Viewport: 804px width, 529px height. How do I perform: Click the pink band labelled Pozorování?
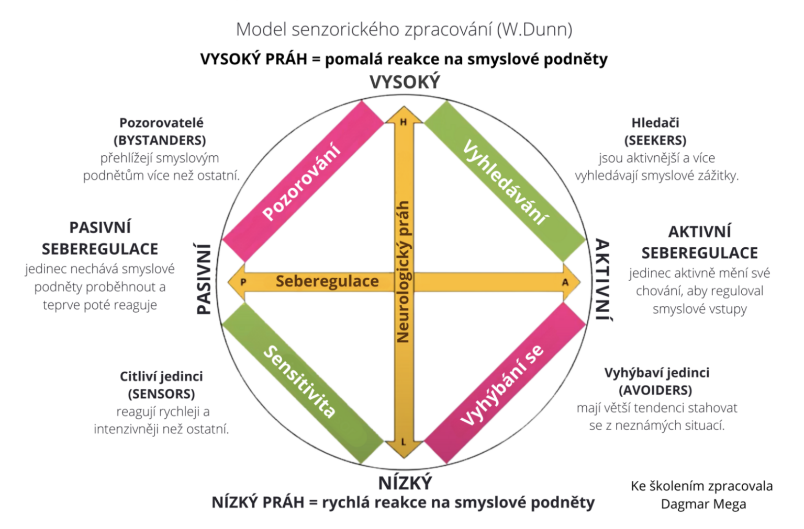tap(302, 181)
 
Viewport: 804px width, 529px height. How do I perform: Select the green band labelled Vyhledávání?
tap(505, 181)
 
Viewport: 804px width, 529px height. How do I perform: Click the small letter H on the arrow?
tap(403, 122)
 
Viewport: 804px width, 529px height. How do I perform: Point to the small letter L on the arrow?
tap(403, 442)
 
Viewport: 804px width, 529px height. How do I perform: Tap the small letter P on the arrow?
tap(243, 282)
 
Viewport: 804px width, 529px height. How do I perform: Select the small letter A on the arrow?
tap(565, 282)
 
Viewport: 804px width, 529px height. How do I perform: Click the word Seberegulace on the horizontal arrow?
tap(327, 281)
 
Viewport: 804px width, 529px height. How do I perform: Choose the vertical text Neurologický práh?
tap(403, 272)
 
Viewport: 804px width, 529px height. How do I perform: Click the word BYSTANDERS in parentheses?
tap(160, 140)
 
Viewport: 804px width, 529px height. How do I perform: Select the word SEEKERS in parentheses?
tap(655, 140)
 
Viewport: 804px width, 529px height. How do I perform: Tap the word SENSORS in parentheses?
tap(161, 394)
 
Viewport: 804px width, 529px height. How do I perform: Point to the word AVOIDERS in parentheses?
tap(655, 390)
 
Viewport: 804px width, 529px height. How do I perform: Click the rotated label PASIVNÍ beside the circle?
tap(204, 279)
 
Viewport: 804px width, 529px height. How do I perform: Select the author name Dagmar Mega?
tap(703, 504)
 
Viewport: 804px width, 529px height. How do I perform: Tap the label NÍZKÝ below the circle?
tap(405, 483)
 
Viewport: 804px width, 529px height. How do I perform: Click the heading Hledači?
tap(655, 123)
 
